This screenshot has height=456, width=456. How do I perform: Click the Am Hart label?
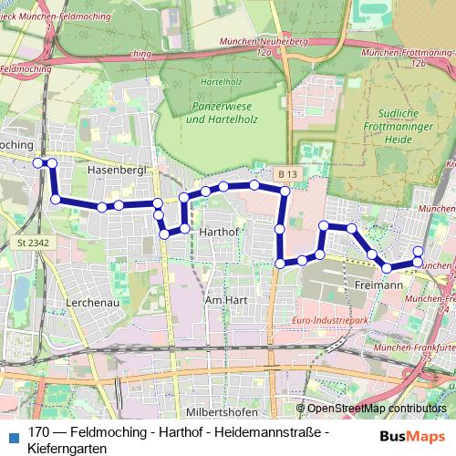tap(227, 300)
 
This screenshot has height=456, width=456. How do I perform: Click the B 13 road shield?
tap(289, 173)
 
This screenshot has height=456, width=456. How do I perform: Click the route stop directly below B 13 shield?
tap(285, 192)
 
